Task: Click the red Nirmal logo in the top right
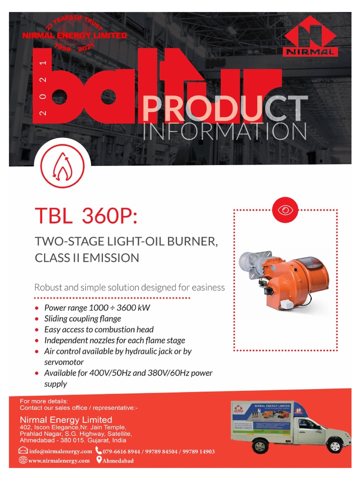[310, 42]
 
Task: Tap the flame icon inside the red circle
[62, 167]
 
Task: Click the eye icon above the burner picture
[285, 210]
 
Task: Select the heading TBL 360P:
[87, 216]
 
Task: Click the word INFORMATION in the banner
[225, 132]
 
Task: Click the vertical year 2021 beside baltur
[43, 89]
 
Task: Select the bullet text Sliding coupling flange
[82, 319]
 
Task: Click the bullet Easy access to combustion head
[99, 330]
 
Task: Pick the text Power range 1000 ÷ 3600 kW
[97, 308]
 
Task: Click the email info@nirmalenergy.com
[60, 451]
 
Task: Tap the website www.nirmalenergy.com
[59, 461]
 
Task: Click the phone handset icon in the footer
[98, 451]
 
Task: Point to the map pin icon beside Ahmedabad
[99, 460]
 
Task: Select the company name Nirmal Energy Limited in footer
[66, 420]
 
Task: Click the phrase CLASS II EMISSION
[87, 258]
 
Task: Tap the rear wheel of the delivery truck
[260, 445]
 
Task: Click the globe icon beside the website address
[23, 460]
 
